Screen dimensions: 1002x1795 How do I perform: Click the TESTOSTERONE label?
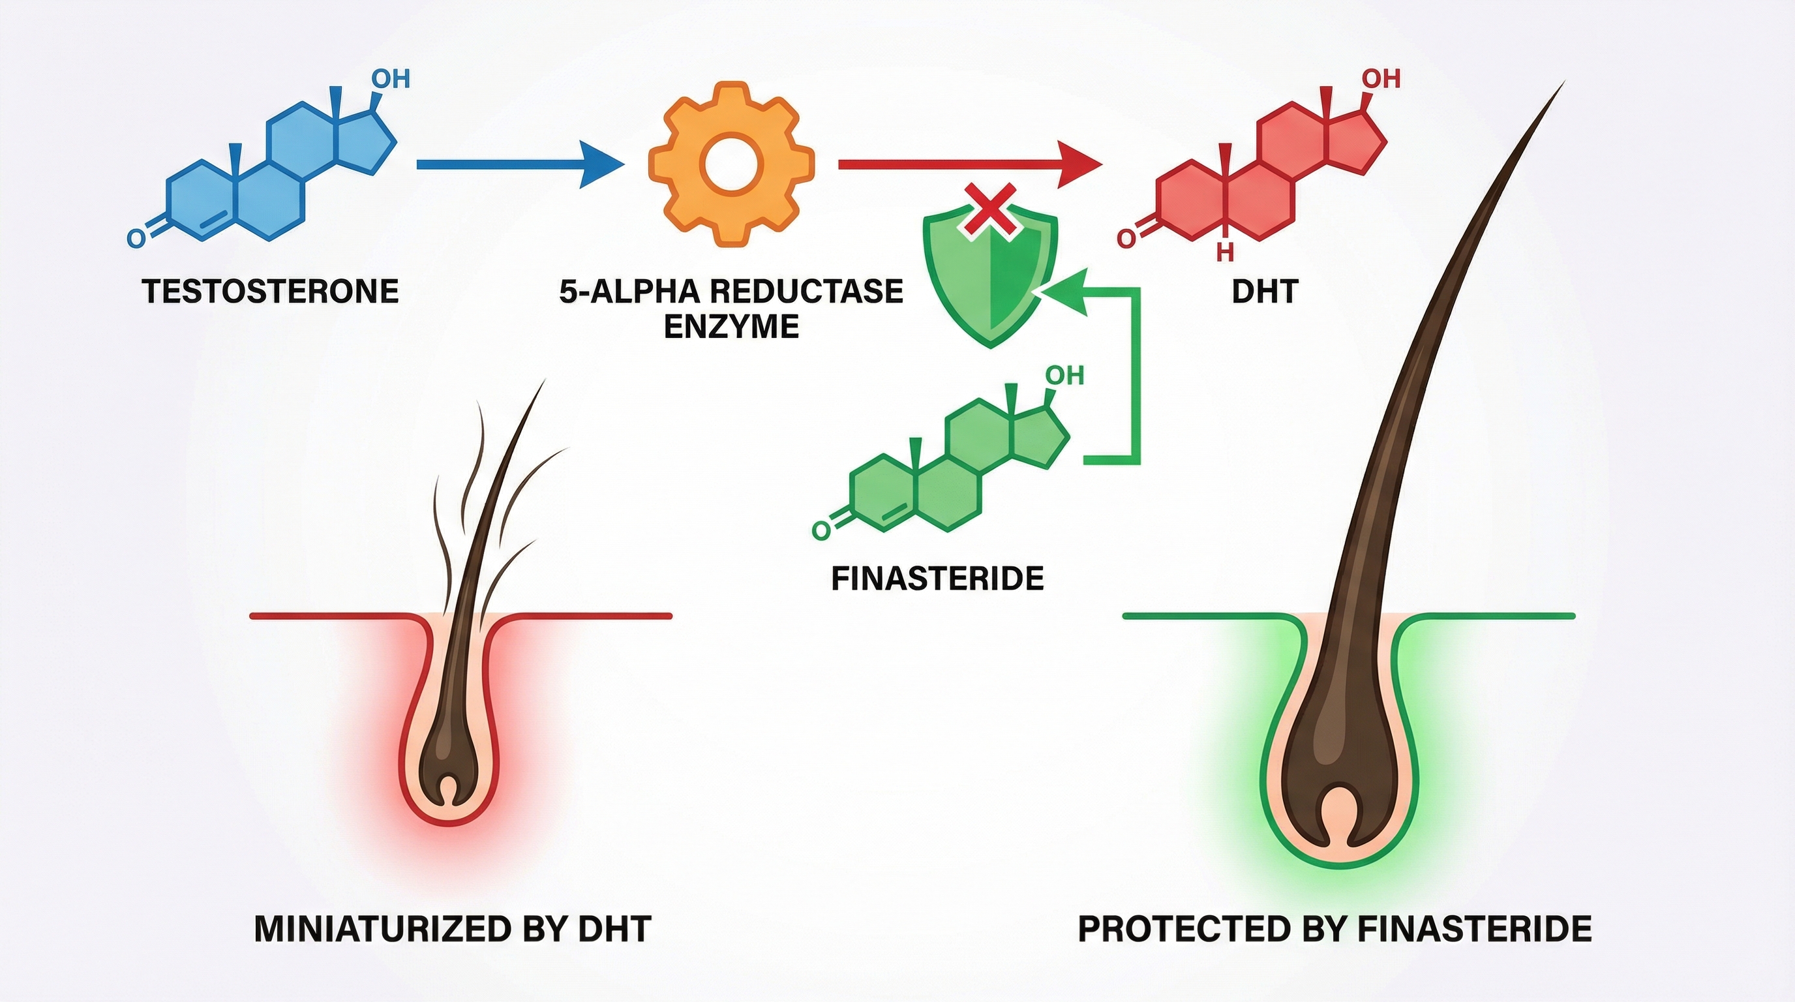tap(271, 291)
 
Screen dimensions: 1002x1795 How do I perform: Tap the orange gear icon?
tap(731, 164)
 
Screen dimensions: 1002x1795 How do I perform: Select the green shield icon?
tap(989, 279)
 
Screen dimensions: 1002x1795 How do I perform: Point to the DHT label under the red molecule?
tap(1264, 291)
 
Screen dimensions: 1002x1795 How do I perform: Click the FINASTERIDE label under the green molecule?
tap(937, 579)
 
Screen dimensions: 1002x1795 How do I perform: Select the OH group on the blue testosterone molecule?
tap(391, 79)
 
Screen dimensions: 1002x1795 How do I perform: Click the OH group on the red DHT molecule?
tap(1381, 79)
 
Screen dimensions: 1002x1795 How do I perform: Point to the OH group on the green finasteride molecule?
tap(1064, 376)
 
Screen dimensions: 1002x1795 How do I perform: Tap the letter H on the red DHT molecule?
tap(1224, 252)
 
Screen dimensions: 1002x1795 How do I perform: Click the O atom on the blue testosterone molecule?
tap(136, 238)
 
